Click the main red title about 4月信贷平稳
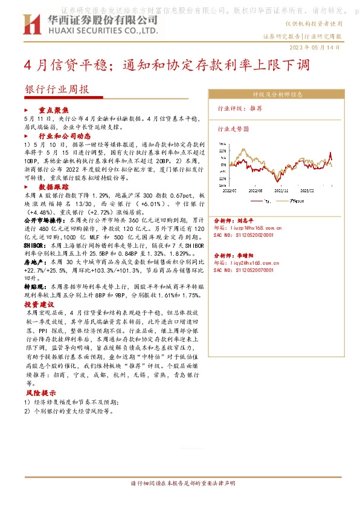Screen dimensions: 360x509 163,65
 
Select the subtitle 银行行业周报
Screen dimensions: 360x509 56,89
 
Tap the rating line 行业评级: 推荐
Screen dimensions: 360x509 240,109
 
